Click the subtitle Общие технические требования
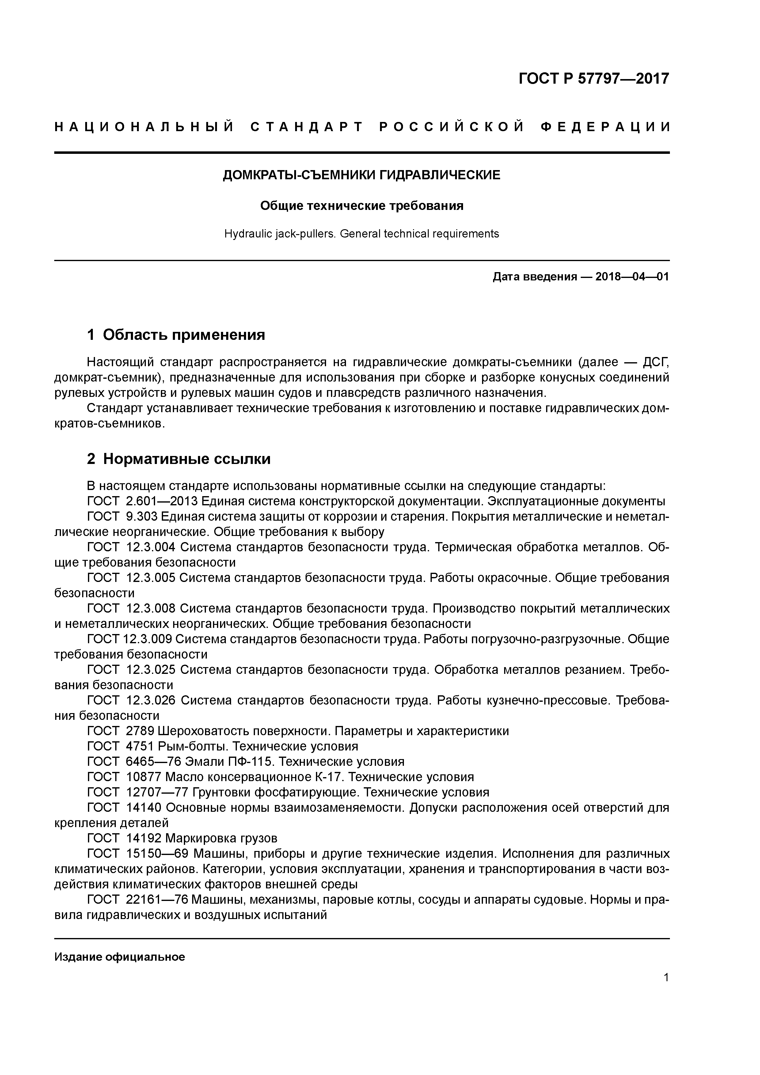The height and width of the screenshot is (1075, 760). pyautogui.click(x=362, y=206)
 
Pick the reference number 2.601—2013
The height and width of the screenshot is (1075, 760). pyautogui.click(x=162, y=501)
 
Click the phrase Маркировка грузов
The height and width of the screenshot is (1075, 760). pyautogui.click(x=222, y=838)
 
